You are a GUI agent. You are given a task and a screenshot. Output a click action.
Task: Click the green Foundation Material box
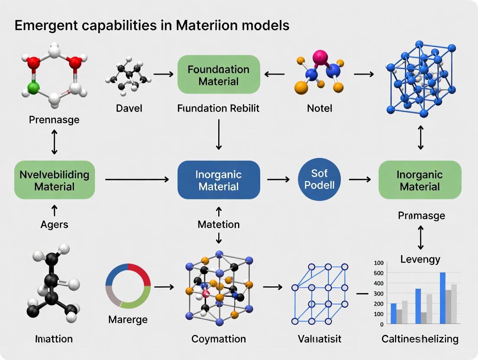point(219,74)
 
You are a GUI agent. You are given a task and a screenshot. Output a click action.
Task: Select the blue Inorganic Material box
point(219,180)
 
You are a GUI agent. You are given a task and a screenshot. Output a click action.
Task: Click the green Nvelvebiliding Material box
point(55,180)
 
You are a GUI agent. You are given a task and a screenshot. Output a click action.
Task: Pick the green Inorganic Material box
point(420,180)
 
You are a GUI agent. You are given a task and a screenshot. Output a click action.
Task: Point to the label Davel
point(129,108)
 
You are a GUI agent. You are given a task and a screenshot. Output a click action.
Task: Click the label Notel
point(320,108)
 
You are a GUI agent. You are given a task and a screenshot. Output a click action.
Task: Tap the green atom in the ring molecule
point(33,88)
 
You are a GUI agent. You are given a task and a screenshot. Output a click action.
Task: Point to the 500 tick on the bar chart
point(378,273)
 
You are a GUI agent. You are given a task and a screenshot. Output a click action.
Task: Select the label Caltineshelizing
point(420,339)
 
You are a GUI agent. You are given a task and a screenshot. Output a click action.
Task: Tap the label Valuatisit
point(320,339)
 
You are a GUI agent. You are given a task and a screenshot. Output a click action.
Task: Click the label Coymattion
point(219,339)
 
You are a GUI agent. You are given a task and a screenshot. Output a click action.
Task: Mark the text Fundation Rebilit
point(219,108)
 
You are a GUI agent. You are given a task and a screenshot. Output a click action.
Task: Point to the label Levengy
point(420,259)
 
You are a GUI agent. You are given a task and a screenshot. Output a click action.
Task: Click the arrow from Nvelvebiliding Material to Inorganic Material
point(136,179)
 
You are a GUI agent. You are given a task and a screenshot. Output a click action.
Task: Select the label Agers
point(55,224)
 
